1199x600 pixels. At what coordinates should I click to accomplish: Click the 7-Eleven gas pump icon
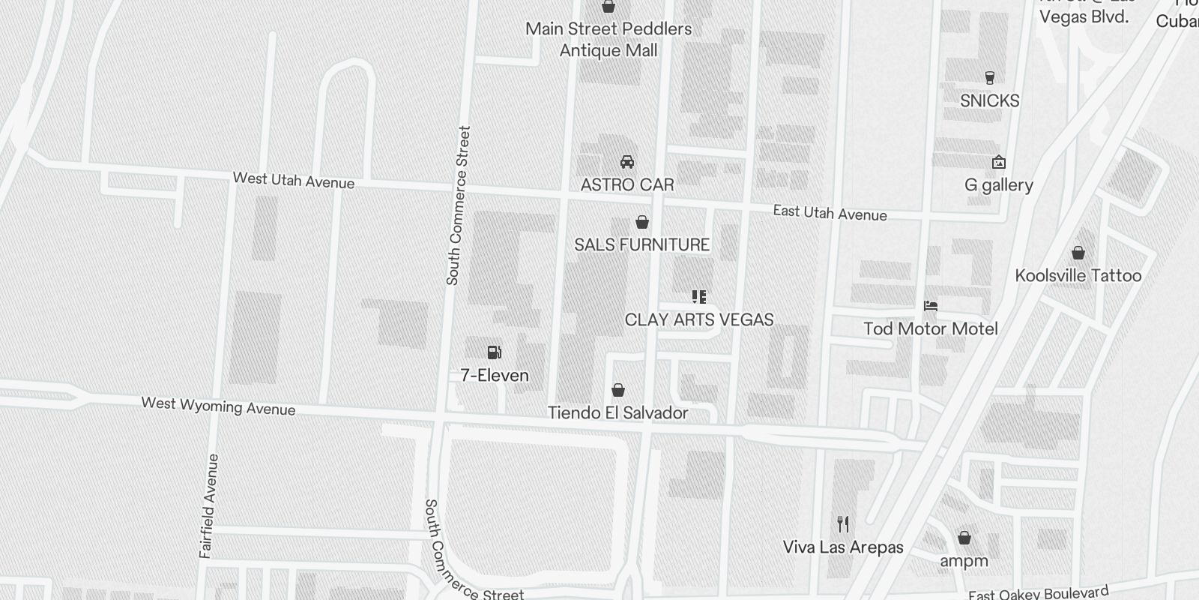(494, 352)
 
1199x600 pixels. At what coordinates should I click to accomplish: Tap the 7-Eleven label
(495, 375)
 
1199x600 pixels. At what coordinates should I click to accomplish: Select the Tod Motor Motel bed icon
(931, 306)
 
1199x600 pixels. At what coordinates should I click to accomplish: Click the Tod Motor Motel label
(931, 328)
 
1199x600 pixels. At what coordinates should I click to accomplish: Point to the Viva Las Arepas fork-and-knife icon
(843, 523)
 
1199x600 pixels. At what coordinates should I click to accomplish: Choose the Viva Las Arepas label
(843, 547)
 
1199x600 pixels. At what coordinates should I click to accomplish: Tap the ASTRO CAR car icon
(627, 162)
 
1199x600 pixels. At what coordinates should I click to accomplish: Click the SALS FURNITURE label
(641, 244)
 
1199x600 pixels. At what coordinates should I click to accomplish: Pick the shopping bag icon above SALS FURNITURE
(642, 222)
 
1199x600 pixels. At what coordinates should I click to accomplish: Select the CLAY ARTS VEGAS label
(699, 319)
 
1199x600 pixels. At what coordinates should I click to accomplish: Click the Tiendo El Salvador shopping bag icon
(618, 390)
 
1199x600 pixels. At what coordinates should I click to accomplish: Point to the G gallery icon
(998, 162)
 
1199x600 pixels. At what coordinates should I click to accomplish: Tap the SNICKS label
(989, 100)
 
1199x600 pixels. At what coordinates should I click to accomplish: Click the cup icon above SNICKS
(989, 77)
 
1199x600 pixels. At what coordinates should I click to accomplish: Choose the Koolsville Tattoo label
(1078, 275)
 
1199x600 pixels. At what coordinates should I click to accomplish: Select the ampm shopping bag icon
(964, 538)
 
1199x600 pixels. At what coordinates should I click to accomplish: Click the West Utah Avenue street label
(294, 180)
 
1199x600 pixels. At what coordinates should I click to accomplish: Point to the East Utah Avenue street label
(830, 213)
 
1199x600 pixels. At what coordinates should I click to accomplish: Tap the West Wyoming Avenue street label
(218, 406)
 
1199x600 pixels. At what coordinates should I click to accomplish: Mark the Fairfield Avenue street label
(209, 505)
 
